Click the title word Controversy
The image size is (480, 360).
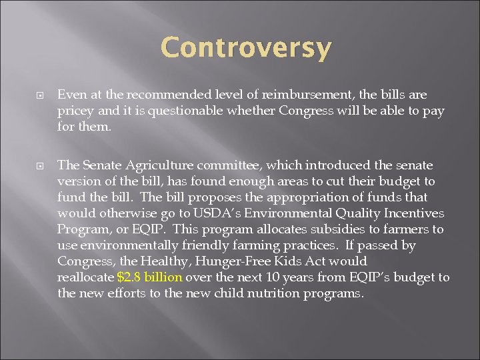[246, 48]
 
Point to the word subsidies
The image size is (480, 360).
[314, 229]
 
